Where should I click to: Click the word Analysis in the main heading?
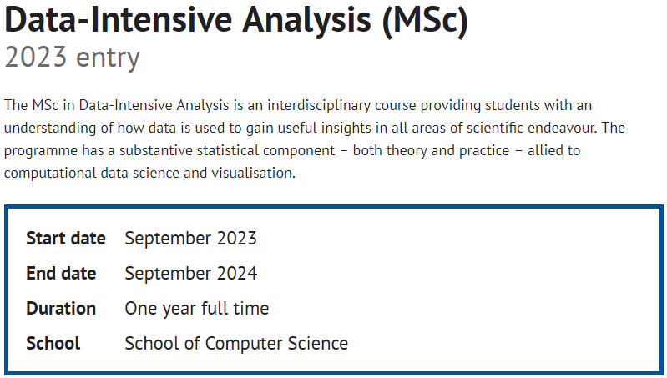point(306,20)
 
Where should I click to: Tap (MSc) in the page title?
point(425,20)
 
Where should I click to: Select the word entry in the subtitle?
point(108,58)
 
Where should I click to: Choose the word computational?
point(50,174)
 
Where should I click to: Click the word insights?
point(346,128)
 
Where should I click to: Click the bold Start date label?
point(65,239)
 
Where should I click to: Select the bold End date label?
point(61,274)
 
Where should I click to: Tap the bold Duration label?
point(61,309)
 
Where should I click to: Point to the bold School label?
point(53,344)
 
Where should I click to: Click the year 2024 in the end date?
point(237,274)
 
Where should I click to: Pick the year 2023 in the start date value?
point(236,239)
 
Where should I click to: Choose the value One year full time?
point(196,309)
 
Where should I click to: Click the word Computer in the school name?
point(243,344)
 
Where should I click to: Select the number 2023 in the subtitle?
point(36,58)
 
